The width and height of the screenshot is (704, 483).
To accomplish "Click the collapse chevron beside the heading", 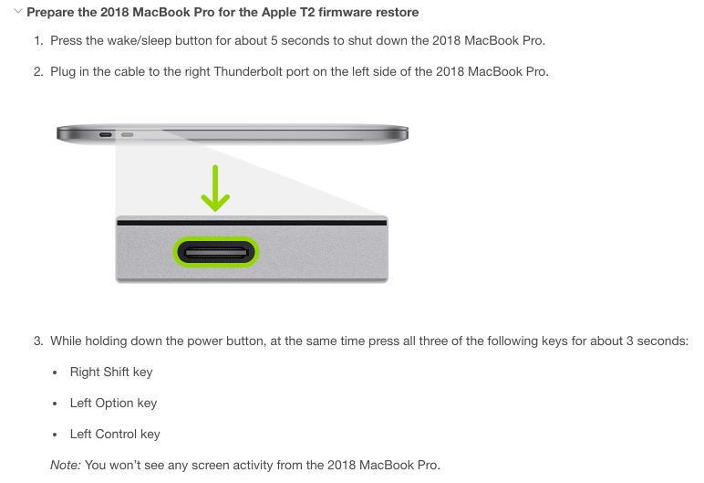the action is (18, 11).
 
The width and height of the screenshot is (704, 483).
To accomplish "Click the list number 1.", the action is (38, 40).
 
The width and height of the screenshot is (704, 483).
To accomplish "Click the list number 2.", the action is (38, 71).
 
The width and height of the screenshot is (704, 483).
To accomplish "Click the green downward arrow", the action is (215, 188).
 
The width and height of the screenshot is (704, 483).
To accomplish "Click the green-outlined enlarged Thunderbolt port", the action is (216, 252).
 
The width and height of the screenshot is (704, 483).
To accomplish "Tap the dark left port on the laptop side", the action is (106, 134).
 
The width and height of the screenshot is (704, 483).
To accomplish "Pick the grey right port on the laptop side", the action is (127, 134).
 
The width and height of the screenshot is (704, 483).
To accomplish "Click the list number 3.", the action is (38, 341).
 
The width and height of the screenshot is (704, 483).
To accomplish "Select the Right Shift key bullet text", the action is (111, 372).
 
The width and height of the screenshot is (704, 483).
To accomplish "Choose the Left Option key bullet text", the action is (114, 403).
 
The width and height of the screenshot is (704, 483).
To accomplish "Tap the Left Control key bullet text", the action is (115, 434).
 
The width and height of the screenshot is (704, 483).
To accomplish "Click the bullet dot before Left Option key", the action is (55, 404).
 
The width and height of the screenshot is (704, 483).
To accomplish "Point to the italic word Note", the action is (66, 465).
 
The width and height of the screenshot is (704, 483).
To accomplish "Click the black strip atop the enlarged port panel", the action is (252, 223).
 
